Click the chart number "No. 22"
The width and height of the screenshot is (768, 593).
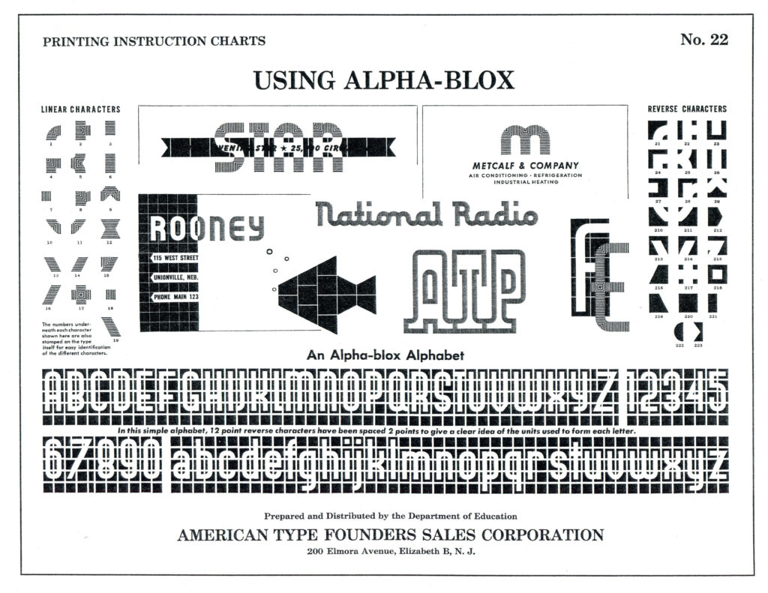[x=703, y=40]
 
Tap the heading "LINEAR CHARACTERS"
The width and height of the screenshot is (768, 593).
[x=80, y=109]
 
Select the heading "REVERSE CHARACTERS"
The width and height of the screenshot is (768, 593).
[x=687, y=109]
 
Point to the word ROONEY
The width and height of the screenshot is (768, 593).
[x=207, y=227]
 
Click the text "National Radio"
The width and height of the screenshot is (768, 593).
[x=427, y=214]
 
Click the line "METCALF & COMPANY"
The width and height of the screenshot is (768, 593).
[x=525, y=166]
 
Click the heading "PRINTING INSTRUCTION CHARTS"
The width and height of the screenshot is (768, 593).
[x=154, y=41]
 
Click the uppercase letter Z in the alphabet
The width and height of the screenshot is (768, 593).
[x=606, y=391]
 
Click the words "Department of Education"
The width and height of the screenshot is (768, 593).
[x=460, y=516]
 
